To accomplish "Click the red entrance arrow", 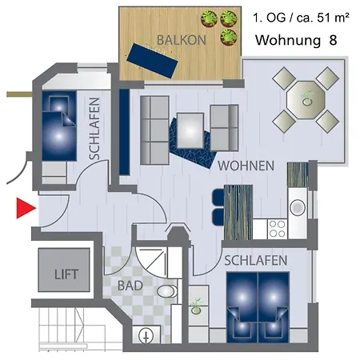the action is (x=26, y=208).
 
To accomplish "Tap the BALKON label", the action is (x=182, y=40).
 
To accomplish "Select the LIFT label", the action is (x=66, y=274).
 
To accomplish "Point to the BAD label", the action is (x=130, y=286).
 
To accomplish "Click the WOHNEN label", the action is (x=246, y=166).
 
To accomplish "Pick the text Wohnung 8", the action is (x=296, y=40).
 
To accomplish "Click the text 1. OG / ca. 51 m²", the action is (x=301, y=18).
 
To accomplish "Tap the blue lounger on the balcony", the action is (x=152, y=61).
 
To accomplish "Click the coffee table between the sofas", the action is (x=190, y=130).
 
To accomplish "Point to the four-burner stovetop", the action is (x=277, y=229).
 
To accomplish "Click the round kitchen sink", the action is (x=298, y=207).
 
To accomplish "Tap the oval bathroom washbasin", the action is (x=167, y=291).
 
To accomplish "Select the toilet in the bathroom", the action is (x=146, y=334).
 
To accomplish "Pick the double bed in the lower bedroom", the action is (x=258, y=307).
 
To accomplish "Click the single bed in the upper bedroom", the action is (x=59, y=126).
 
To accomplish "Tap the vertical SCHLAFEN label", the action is (x=94, y=129).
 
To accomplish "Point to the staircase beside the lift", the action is (x=63, y=329).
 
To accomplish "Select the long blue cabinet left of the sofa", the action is (x=124, y=132).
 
